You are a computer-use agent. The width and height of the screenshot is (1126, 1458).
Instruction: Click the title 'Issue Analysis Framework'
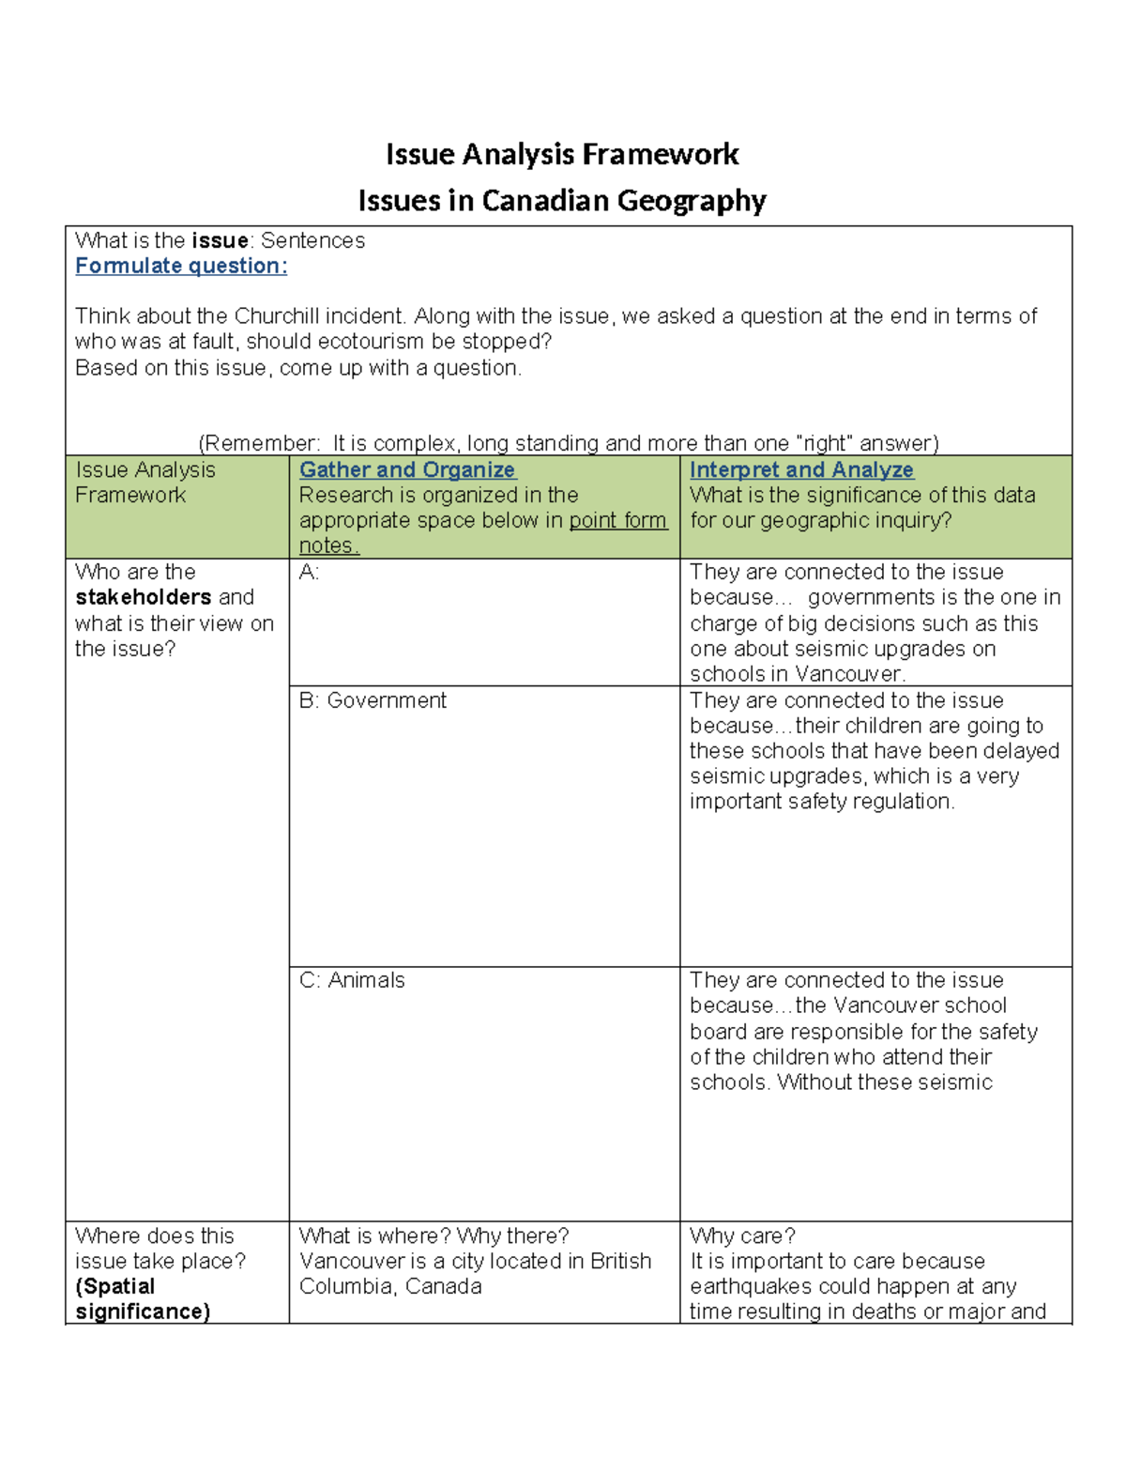pyautogui.click(x=562, y=154)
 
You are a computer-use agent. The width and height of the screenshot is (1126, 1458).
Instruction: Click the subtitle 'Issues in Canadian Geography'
pyautogui.click(x=562, y=200)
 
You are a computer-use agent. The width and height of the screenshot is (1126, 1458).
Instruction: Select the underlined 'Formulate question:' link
pyautogui.click(x=181, y=266)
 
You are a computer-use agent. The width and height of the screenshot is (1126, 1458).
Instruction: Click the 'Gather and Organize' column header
pyautogui.click(x=407, y=469)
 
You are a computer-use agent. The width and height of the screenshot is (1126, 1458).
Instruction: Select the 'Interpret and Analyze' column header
pyautogui.click(x=801, y=469)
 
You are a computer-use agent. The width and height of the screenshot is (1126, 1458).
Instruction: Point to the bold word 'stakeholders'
pyautogui.click(x=143, y=597)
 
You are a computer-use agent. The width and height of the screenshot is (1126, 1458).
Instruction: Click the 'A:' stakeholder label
pyautogui.click(x=309, y=572)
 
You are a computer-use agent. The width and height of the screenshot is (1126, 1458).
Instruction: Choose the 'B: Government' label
pyautogui.click(x=373, y=700)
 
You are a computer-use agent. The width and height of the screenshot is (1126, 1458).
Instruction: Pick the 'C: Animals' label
pyautogui.click(x=352, y=980)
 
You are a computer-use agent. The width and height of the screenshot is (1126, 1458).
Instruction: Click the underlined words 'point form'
pyautogui.click(x=617, y=520)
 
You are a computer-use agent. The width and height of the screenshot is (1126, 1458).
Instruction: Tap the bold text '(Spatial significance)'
pyautogui.click(x=143, y=1299)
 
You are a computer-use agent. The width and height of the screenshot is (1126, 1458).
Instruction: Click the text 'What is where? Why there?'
pyautogui.click(x=434, y=1235)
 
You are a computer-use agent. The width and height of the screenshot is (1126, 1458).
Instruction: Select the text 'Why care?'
pyautogui.click(x=742, y=1235)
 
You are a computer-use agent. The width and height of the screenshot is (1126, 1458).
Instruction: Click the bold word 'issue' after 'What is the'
pyautogui.click(x=220, y=240)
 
